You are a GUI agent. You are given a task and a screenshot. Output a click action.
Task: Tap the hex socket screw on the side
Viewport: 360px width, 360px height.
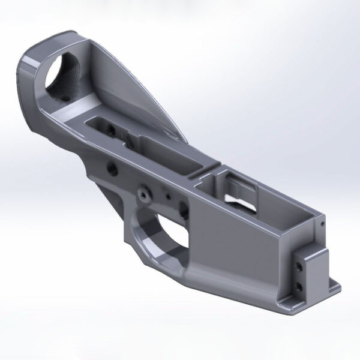pos(144,193)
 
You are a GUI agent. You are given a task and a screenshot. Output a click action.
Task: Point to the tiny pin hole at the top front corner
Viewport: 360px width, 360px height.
pos(322,225)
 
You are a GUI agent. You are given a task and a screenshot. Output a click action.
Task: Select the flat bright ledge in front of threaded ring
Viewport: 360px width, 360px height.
pos(72,123)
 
